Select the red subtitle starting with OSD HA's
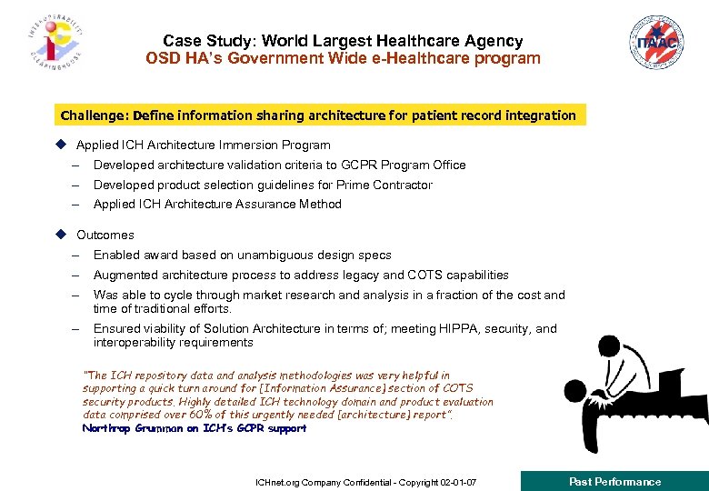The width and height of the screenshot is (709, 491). click(x=343, y=59)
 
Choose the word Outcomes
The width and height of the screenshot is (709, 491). click(x=105, y=235)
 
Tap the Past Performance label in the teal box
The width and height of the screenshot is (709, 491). click(x=614, y=481)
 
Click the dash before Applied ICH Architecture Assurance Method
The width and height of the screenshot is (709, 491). click(x=79, y=205)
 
